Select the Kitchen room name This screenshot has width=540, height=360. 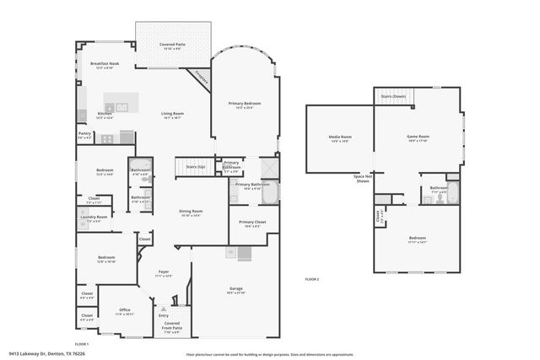104,114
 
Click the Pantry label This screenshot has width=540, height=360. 84,133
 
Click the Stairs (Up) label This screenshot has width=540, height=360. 196,167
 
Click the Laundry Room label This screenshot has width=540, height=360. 94,217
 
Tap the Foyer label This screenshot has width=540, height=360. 165,271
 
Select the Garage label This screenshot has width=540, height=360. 236,288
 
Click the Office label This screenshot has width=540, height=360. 124,309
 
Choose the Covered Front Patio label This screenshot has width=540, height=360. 171,325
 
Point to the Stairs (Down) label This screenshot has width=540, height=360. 393,96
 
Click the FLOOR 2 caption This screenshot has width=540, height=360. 312,278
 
